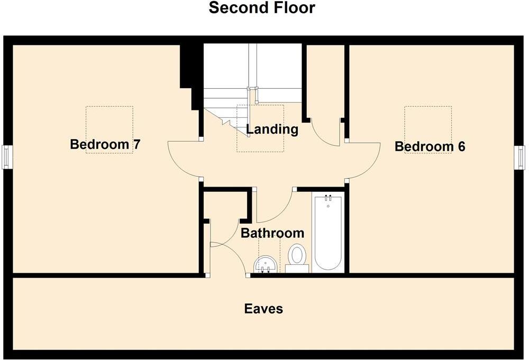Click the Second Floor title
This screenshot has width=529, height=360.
[x=262, y=8]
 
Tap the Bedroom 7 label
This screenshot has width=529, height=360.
[x=105, y=144]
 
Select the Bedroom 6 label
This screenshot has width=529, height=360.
[x=430, y=146]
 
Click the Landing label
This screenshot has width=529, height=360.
[x=272, y=129]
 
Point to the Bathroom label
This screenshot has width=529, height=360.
[x=272, y=233]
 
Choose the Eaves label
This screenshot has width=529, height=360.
[x=263, y=309]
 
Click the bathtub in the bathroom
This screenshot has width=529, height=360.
[x=329, y=233]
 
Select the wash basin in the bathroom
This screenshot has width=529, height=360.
[x=266, y=264]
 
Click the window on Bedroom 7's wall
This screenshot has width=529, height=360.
[x=6, y=157]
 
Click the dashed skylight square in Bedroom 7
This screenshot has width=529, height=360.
[x=110, y=130]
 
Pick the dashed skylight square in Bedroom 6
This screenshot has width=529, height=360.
[x=428, y=130]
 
